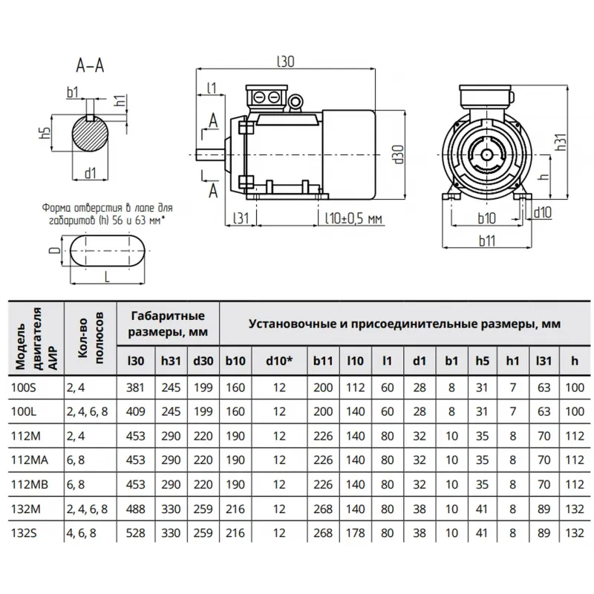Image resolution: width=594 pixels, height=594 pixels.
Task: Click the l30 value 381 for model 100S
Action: (136, 388)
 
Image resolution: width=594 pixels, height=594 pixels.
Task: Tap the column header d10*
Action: (279, 362)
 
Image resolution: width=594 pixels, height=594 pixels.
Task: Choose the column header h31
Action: (169, 362)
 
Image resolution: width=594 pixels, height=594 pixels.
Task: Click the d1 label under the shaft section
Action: (91, 173)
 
